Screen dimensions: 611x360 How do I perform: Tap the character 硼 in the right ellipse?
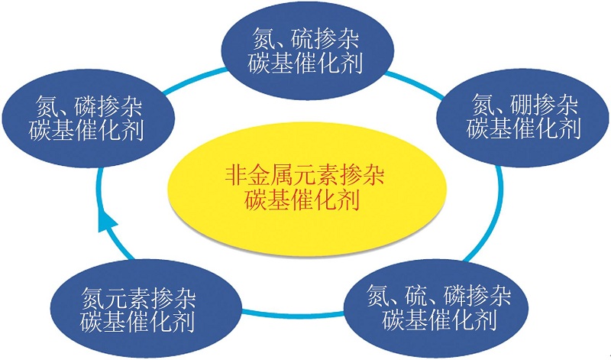pos(522,105)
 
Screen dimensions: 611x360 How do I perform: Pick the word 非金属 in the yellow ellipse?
pos(263,177)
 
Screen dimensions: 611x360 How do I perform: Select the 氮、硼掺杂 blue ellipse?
pos(523,118)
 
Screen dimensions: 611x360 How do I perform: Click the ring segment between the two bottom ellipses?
pos(293,314)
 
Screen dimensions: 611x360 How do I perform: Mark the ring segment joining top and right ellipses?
pos(415,83)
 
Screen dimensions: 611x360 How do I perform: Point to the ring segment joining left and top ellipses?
pos(194,81)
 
